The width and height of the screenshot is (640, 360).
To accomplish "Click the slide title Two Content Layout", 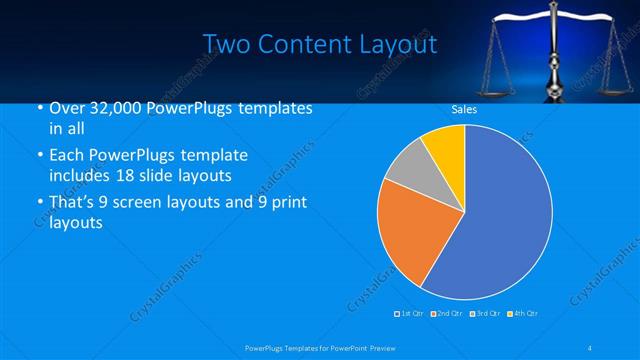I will [x=320, y=44].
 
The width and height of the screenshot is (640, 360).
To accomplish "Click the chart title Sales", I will [x=464, y=109].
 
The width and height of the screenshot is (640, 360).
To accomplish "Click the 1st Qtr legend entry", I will [x=409, y=314].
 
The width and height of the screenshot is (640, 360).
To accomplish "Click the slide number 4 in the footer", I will [x=591, y=347].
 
